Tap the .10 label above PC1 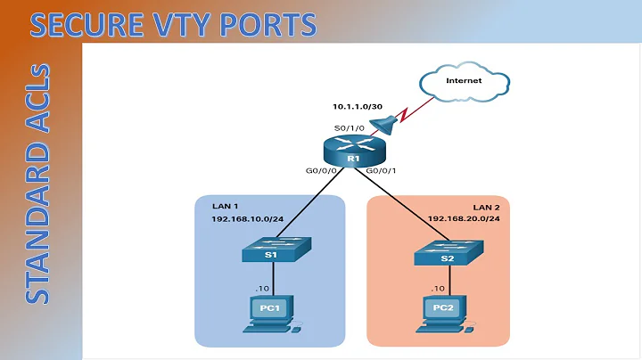[x=261, y=290]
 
